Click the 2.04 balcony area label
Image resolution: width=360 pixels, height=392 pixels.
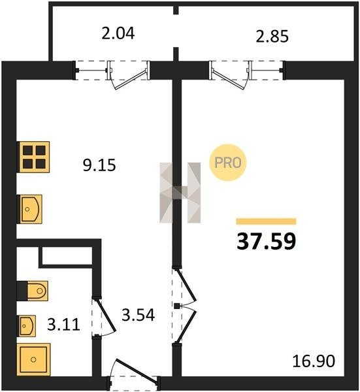(x=118, y=33)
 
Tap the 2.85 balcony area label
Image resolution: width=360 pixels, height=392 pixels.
(x=272, y=36)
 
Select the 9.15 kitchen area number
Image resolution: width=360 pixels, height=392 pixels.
(x=99, y=165)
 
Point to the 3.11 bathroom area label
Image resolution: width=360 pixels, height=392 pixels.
(x=63, y=325)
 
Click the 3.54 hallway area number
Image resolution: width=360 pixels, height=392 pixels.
(x=139, y=315)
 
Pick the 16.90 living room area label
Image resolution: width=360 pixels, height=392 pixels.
(x=314, y=361)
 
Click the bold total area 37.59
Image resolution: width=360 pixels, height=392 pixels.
(x=267, y=241)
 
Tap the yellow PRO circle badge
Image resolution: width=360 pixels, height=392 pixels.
(x=228, y=163)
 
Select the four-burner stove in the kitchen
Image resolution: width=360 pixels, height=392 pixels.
(x=33, y=157)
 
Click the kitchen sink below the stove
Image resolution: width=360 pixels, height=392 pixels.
(x=29, y=209)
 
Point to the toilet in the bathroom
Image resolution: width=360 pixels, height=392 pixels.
(x=33, y=291)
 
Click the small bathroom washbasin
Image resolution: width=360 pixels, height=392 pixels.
(x=26, y=326)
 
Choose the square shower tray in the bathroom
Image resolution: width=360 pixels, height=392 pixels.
(x=33, y=359)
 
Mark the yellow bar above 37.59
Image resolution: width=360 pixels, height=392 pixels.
(x=267, y=221)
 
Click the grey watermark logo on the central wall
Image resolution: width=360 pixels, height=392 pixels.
(x=180, y=193)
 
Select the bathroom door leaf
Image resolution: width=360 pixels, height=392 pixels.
(x=105, y=316)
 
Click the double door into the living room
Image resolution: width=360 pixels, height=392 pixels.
(x=186, y=306)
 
